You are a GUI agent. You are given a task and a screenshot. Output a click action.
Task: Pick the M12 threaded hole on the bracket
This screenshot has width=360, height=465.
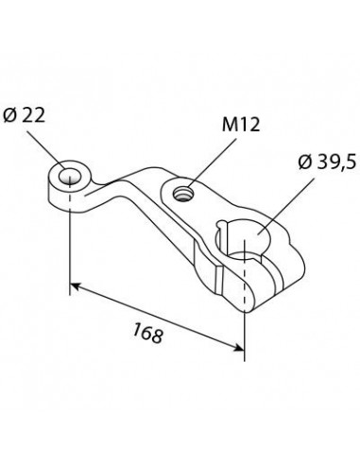tap(183, 194)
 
